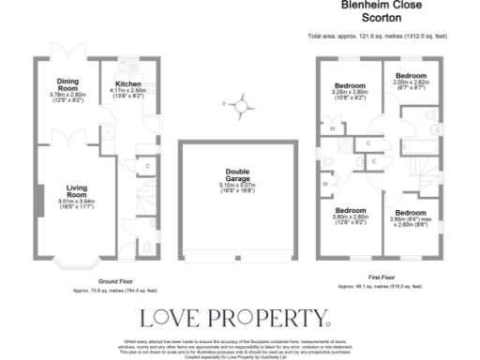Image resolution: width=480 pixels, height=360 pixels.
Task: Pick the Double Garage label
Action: tap(236, 175)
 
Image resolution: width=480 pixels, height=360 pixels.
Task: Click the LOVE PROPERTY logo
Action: tap(233, 317)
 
